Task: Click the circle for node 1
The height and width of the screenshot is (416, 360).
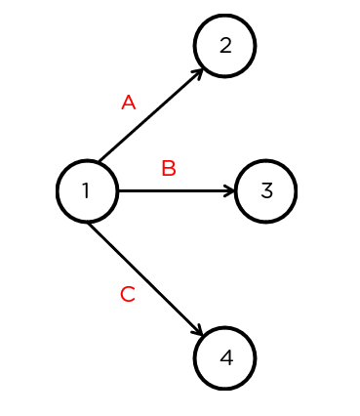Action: pos(87,190)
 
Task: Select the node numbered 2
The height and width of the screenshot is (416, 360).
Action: pos(224,45)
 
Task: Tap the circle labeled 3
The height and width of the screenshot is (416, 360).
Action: pos(265,190)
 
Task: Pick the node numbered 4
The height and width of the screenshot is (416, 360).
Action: pos(225,357)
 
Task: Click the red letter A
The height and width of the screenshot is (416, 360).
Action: pos(128,103)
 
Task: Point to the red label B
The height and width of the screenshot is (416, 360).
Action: pos(168,169)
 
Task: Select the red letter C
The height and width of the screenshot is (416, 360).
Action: pos(127,294)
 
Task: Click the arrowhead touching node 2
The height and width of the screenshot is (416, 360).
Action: pos(198,71)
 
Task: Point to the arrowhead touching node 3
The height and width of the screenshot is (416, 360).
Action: pos(231,190)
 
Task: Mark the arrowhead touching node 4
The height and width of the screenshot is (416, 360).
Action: pos(199,333)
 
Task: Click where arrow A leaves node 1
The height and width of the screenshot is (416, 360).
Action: pos(100,161)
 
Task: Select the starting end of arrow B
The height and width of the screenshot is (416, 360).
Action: pos(118,190)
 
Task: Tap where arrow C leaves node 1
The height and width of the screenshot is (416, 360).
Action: pos(90,223)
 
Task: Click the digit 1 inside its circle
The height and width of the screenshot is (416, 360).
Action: pos(86,190)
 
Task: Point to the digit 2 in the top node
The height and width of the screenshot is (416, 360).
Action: pos(225,45)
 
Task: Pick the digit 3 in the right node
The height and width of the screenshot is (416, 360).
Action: pos(266,190)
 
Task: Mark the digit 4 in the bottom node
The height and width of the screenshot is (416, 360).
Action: pos(226,357)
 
